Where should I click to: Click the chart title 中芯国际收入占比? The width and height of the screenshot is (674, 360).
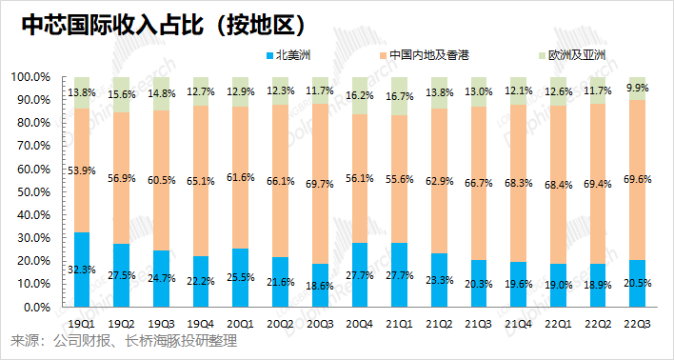pyautogui.click(x=111, y=27)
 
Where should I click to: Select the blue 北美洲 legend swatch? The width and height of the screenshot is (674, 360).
pyautogui.click(x=270, y=55)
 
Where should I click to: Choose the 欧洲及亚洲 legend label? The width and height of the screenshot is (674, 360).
pyautogui.click(x=577, y=55)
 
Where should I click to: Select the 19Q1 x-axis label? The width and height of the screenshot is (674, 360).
pyautogui.click(x=82, y=325)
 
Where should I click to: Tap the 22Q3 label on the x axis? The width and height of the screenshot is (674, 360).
pyautogui.click(x=637, y=325)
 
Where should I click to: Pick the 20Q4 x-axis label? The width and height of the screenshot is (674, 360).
pyautogui.click(x=359, y=325)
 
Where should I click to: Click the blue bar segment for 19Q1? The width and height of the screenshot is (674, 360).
pyautogui.click(x=82, y=270)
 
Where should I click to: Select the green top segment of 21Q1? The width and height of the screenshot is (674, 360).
pyautogui.click(x=399, y=96)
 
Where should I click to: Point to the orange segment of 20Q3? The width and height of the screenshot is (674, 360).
pyautogui.click(x=320, y=184)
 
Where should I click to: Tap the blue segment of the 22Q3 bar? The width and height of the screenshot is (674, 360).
pyautogui.click(x=638, y=284)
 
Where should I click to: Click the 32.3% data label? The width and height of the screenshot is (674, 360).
pyautogui.click(x=82, y=270)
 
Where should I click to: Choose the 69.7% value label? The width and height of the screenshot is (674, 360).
pyautogui.click(x=320, y=184)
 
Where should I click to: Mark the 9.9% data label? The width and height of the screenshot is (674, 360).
pyautogui.click(x=638, y=88)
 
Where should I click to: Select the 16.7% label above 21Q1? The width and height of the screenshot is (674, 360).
pyautogui.click(x=399, y=96)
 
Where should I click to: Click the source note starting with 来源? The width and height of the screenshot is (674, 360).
pyautogui.click(x=124, y=342)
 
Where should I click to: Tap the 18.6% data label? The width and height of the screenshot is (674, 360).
pyautogui.click(x=320, y=287)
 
